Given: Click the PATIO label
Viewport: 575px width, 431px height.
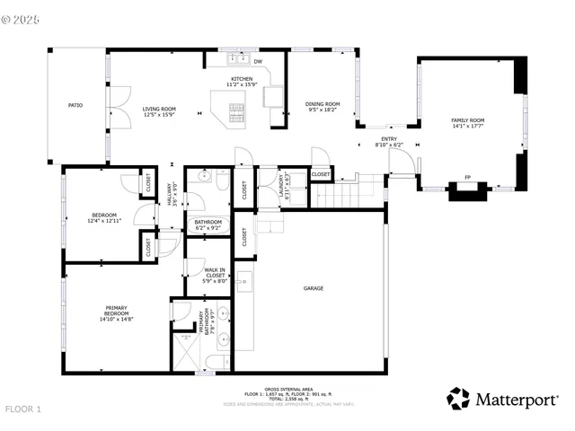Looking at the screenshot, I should (75, 105).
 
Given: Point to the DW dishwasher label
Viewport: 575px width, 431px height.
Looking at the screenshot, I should (258, 61).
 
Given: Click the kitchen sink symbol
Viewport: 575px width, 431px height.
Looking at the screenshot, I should (237, 61).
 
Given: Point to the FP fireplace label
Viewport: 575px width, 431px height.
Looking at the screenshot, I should (467, 177).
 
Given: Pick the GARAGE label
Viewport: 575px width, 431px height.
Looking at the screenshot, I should (313, 288).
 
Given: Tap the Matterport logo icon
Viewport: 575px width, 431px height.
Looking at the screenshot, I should (458, 398).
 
